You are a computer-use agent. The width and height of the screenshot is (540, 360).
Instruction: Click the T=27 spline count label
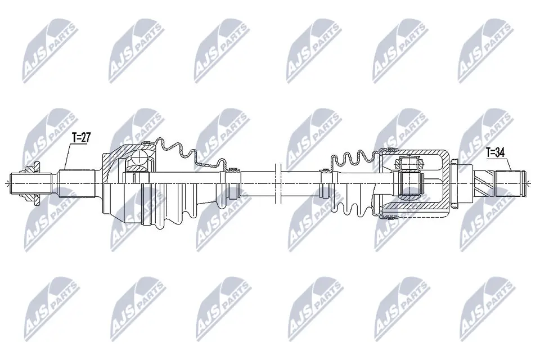point(80,137)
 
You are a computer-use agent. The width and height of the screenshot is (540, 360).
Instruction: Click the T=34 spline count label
point(496,152)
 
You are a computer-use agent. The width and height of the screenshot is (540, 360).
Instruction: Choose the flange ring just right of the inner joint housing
point(457,181)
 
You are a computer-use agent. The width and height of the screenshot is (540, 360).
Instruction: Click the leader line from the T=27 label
point(68,155)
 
